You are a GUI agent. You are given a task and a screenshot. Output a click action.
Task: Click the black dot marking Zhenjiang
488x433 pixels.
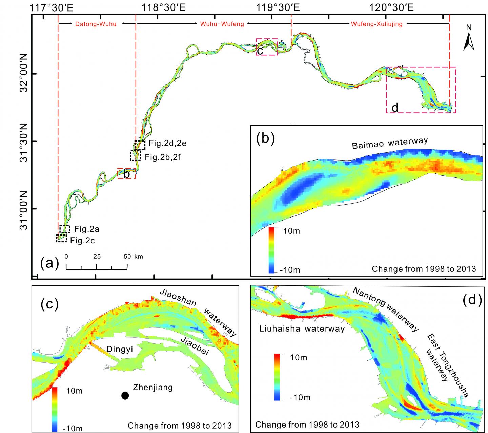click(x=125, y=395)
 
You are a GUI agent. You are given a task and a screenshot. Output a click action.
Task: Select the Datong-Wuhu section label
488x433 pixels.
click(x=96, y=24)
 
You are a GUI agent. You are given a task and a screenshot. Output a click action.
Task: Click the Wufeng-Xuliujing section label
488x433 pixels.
click(x=377, y=24)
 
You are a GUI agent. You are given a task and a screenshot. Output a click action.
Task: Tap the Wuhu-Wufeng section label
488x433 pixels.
click(x=222, y=24)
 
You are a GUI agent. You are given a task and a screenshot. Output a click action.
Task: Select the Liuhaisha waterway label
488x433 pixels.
click(x=302, y=328)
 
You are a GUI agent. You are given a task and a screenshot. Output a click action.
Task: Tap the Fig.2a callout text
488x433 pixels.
click(x=87, y=229)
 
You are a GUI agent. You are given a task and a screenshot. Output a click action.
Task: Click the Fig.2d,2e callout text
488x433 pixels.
click(x=167, y=143)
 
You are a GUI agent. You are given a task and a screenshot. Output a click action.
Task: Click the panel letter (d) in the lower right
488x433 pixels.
click(x=472, y=300)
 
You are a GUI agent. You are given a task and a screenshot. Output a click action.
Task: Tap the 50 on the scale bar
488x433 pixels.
click(x=127, y=257)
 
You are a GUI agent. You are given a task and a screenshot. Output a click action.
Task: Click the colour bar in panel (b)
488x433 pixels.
click(x=271, y=250)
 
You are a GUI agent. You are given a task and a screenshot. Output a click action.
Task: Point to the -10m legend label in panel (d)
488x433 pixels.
click(x=300, y=397)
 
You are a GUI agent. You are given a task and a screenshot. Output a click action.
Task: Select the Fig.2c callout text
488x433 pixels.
click(x=82, y=241)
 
